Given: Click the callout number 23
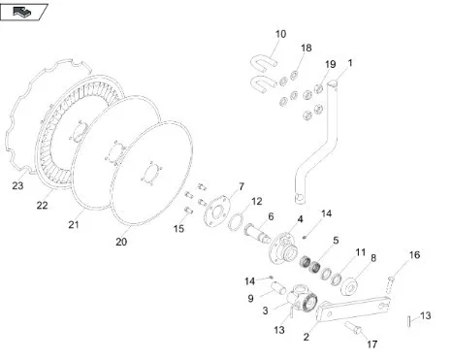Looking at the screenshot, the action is pyautogui.click(x=17, y=185).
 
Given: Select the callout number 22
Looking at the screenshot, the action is pyautogui.click(x=42, y=205).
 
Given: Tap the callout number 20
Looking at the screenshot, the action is pyautogui.click(x=121, y=242).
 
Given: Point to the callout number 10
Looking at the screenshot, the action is pyautogui.click(x=280, y=34).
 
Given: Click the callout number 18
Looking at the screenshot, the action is pyautogui.click(x=306, y=48).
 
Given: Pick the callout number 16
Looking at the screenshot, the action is pyautogui.click(x=414, y=255).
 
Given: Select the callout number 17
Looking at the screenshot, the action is pyautogui.click(x=371, y=344).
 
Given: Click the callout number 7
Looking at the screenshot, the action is pyautogui.click(x=242, y=186).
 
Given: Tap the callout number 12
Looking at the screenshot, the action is pyautogui.click(x=256, y=201).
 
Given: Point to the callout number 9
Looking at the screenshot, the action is pyautogui.click(x=250, y=298).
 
